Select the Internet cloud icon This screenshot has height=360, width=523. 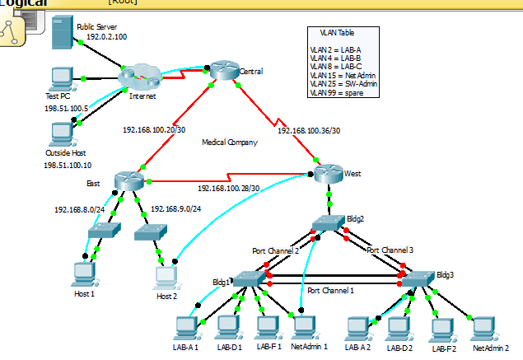[138, 78]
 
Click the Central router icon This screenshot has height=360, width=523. [222, 71]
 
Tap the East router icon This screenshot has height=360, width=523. [129, 180]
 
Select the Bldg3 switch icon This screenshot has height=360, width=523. [417, 279]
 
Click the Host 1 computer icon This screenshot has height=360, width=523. [84, 272]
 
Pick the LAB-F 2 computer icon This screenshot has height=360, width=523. [442, 329]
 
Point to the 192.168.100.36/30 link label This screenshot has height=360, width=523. [309, 130]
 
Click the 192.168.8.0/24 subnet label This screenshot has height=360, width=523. [80, 209]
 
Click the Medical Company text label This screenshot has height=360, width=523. [230, 143]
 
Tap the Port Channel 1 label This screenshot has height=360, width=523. [331, 291]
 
